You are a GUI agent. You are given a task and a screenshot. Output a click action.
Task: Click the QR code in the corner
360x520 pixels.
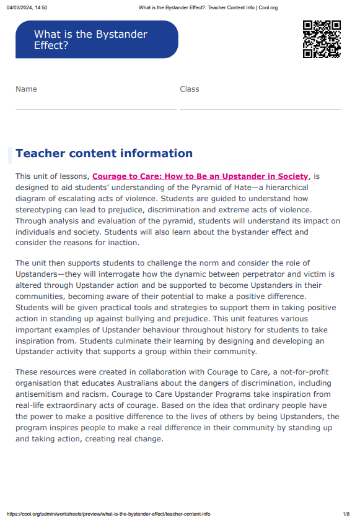pos(322,39)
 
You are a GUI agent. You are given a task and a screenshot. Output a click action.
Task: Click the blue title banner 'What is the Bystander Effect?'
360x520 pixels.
pos(97,40)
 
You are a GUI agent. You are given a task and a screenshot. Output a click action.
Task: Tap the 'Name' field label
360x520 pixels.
pos(26,89)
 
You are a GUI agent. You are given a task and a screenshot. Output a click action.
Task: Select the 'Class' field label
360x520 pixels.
pos(190,89)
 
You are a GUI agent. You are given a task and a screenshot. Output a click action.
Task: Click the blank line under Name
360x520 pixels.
pos(96,109)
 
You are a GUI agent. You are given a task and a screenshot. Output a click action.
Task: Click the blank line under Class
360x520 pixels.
pos(260,109)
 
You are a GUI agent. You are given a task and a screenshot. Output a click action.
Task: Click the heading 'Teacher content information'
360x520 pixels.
pos(104,154)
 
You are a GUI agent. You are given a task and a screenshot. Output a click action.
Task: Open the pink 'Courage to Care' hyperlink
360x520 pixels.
pos(200,176)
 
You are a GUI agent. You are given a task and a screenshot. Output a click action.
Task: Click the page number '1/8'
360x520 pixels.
pos(346,514)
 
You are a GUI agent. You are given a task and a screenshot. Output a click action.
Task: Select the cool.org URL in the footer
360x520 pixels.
pos(108,514)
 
